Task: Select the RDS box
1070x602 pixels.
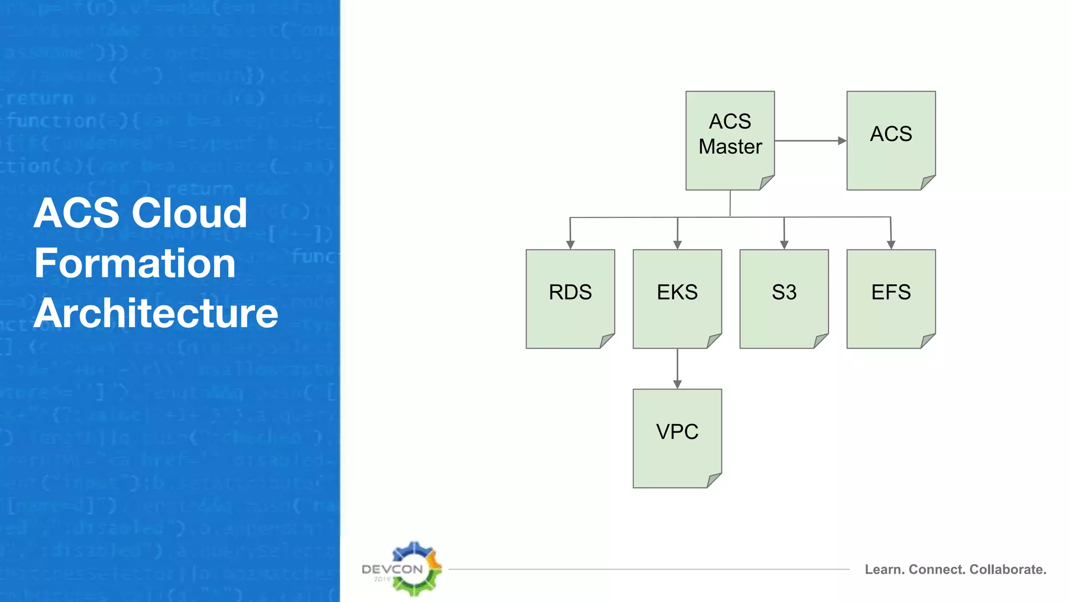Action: tap(570, 299)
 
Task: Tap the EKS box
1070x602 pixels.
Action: tap(677, 299)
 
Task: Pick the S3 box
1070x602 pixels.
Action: tap(784, 299)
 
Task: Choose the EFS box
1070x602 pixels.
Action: tap(891, 299)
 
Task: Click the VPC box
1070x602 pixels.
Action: tap(677, 438)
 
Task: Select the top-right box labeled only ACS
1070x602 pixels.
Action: tap(891, 140)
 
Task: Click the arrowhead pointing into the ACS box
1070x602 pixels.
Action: tap(842, 141)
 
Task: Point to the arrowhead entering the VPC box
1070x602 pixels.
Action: tap(677, 385)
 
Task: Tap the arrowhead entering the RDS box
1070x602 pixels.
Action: tap(570, 245)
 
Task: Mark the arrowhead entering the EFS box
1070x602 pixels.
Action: tap(891, 245)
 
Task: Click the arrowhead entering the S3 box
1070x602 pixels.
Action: tap(784, 245)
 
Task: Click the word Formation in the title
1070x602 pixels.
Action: tap(135, 263)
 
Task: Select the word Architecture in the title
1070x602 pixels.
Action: tap(156, 313)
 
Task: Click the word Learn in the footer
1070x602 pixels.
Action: tap(884, 569)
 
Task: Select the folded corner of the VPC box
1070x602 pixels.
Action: tap(715, 480)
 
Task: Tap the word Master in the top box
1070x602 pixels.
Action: tap(730, 147)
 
